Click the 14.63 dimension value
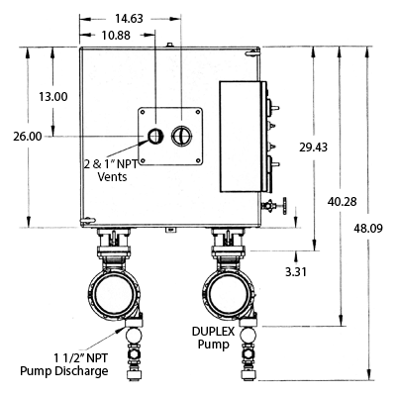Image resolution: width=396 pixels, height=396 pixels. pos(129,19)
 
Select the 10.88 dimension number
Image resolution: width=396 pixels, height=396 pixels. pos(116,35)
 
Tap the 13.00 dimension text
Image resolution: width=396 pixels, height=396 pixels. pos(53,97)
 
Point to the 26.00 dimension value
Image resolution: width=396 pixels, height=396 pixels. pos(28,137)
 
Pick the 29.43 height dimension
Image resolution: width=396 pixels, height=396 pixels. pos(314,147)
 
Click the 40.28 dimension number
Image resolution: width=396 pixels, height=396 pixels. pos(343,201)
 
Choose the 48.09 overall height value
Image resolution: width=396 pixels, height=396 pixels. pos(368,228)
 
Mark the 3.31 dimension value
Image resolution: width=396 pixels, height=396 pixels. pos(296,272)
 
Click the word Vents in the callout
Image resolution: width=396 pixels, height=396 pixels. pos(112,176)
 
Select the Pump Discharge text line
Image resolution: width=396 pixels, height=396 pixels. pos(64,371)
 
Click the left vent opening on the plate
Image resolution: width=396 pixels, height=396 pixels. pos(154,136)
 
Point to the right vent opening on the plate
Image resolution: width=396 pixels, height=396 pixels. pos(181,136)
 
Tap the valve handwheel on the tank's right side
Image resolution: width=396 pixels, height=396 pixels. pos(284,206)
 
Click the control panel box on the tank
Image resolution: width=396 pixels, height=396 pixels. pos(241,137)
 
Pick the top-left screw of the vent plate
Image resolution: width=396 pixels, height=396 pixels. pos(143,112)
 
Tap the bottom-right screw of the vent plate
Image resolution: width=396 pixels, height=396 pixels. pos(198,160)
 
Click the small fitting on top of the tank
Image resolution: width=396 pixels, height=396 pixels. pos(169,45)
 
